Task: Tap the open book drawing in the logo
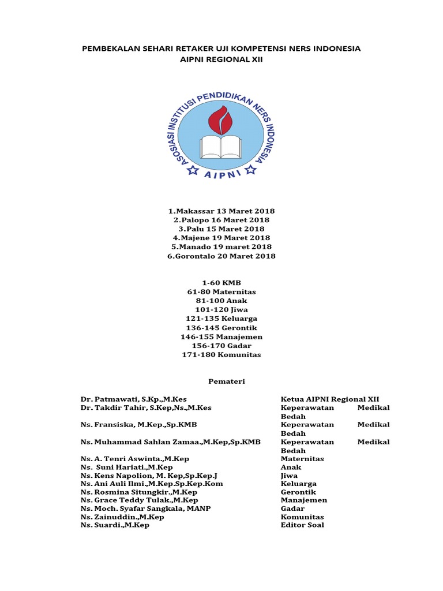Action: point(221,146)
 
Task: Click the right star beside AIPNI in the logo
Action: point(250,170)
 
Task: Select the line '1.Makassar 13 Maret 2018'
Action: point(221,212)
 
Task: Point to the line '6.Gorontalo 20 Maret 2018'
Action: point(221,256)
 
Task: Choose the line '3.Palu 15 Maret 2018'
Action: point(221,229)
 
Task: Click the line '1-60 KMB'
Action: point(221,283)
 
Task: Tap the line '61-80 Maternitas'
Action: point(221,292)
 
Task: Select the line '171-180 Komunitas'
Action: point(221,354)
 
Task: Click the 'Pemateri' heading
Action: point(221,381)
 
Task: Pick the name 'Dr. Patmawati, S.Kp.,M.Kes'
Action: point(134,399)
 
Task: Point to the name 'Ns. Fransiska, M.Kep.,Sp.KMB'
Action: point(139,425)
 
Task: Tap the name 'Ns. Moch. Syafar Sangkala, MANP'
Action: point(146,508)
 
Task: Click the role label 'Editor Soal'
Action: point(302,525)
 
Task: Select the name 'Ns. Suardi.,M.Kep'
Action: point(115,525)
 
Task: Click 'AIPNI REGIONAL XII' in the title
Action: point(221,59)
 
